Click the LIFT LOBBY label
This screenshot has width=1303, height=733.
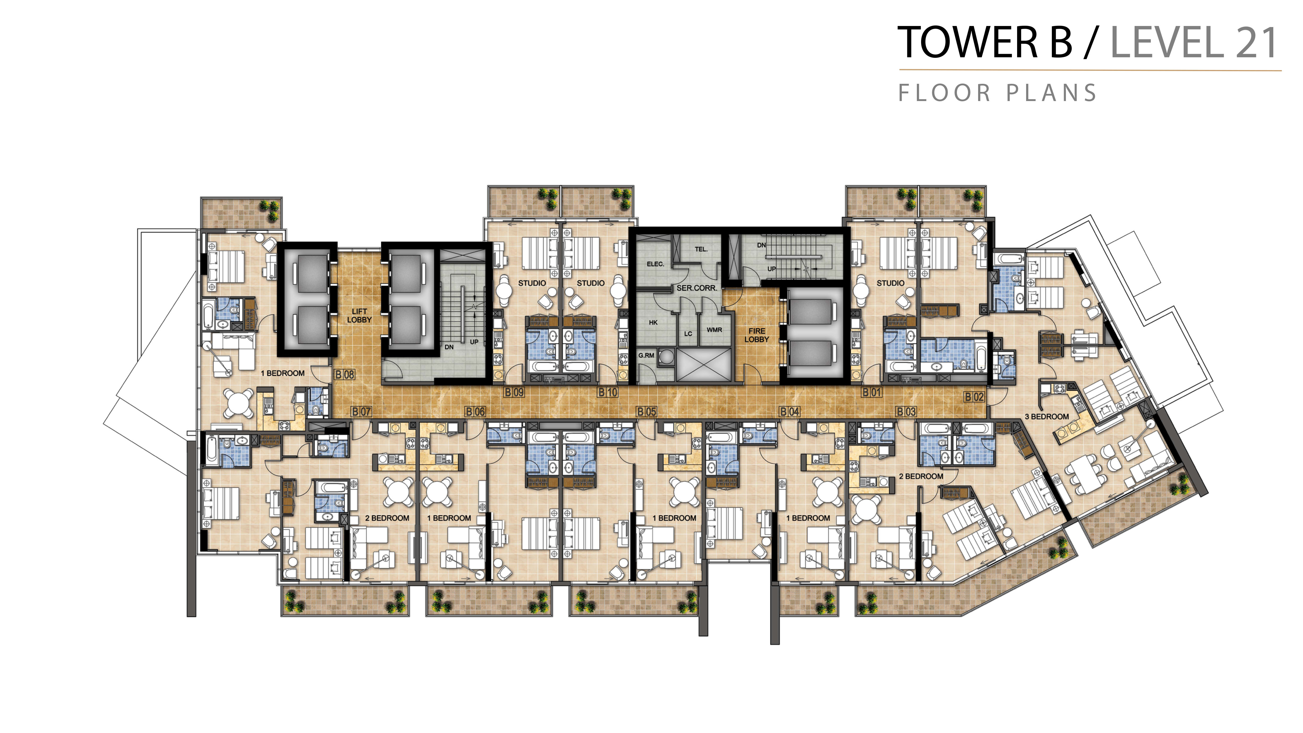pos(359,316)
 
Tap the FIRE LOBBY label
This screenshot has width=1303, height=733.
pos(757,335)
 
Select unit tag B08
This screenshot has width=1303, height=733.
pos(345,374)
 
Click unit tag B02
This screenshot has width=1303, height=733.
pos(974,397)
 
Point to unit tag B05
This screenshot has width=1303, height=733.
pos(646,412)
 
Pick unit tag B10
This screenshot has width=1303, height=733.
pos(608,392)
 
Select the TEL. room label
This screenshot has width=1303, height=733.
pos(701,249)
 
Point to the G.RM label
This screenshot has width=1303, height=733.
pos(646,356)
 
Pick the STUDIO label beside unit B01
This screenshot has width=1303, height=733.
pos(890,283)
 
